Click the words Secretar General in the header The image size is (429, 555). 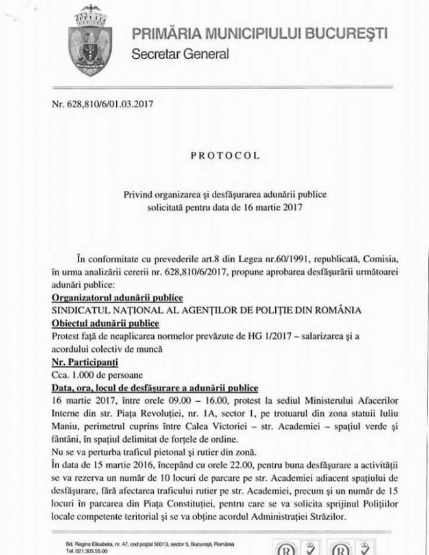180,55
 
